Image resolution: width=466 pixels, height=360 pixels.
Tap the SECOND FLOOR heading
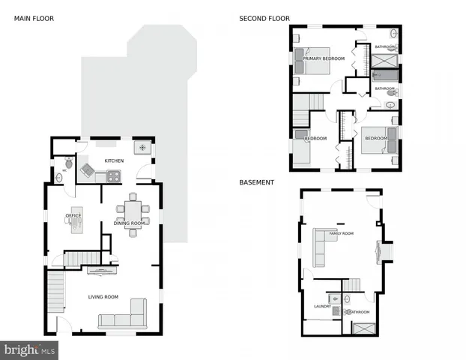pyautogui.click(x=264, y=18)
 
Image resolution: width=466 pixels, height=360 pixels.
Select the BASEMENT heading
pyautogui.click(x=256, y=182)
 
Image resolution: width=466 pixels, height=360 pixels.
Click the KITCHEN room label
pyautogui.click(x=114, y=160)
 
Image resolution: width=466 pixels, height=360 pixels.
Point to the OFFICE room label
pyautogui.click(x=73, y=215)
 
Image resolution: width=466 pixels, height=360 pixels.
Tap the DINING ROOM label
pyautogui.click(x=130, y=223)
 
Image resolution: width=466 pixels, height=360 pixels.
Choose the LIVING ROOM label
pyautogui.click(x=103, y=297)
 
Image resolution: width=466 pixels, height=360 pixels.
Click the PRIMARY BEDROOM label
pyautogui.click(x=324, y=58)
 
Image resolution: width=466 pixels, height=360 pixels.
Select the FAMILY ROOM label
pyautogui.click(x=342, y=233)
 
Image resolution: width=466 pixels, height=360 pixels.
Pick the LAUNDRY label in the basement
pyautogui.click(x=322, y=306)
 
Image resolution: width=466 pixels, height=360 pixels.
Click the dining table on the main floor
pyautogui.click(x=133, y=211)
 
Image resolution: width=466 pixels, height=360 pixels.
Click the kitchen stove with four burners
pyautogui.click(x=113, y=177)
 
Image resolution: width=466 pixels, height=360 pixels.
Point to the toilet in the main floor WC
pyautogui.click(x=69, y=162)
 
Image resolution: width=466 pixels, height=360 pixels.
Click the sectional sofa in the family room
pyautogui.click(x=321, y=247)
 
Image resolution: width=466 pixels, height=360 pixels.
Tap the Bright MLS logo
pyautogui.click(x=30, y=349)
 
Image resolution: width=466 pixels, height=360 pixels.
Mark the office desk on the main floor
pyautogui.click(x=76, y=220)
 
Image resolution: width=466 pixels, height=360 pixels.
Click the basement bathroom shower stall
pyautogui.click(x=365, y=328)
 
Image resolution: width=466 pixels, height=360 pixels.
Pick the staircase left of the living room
pyautogui.click(x=55, y=294)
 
